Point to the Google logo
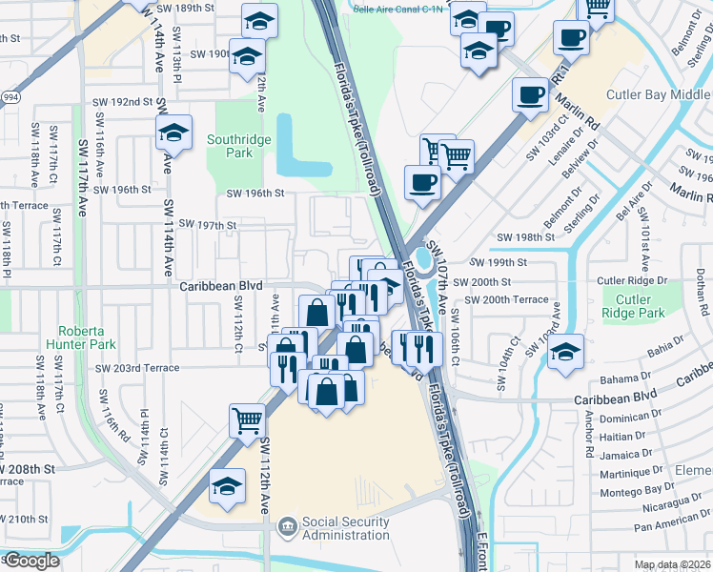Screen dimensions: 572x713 (x=31, y=561)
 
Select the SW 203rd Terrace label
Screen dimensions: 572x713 (x=136, y=368)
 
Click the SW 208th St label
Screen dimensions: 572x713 (x=29, y=469)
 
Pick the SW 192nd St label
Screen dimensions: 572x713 (x=123, y=101)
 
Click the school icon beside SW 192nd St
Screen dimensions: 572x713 (x=174, y=133)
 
